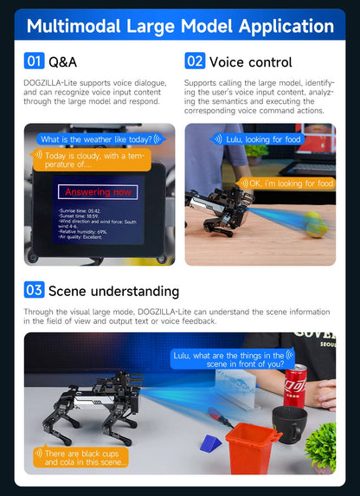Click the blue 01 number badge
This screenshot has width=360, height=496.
pos(34,61)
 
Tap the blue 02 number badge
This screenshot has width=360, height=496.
pos(195,61)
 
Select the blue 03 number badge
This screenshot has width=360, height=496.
pos(34,290)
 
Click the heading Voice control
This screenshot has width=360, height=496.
pos(250,62)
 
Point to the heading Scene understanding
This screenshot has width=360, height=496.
pos(113,291)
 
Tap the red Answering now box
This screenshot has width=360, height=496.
pos(98,191)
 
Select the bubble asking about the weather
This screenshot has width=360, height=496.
pos(97,138)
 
